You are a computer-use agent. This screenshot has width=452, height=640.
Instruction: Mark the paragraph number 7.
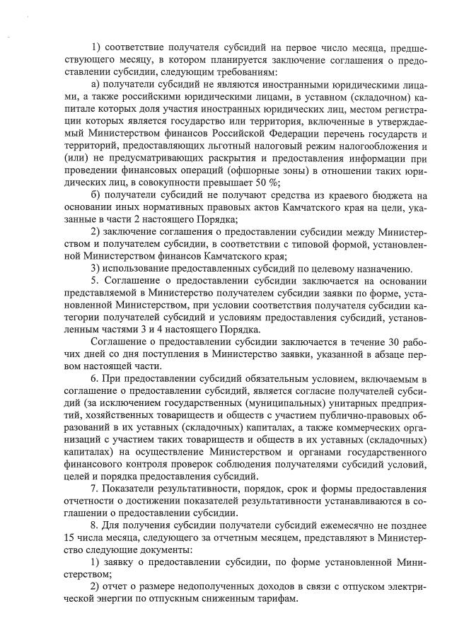click(94, 489)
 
